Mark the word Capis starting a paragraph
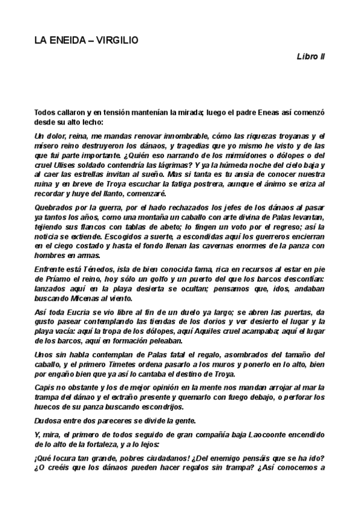[46, 391]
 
